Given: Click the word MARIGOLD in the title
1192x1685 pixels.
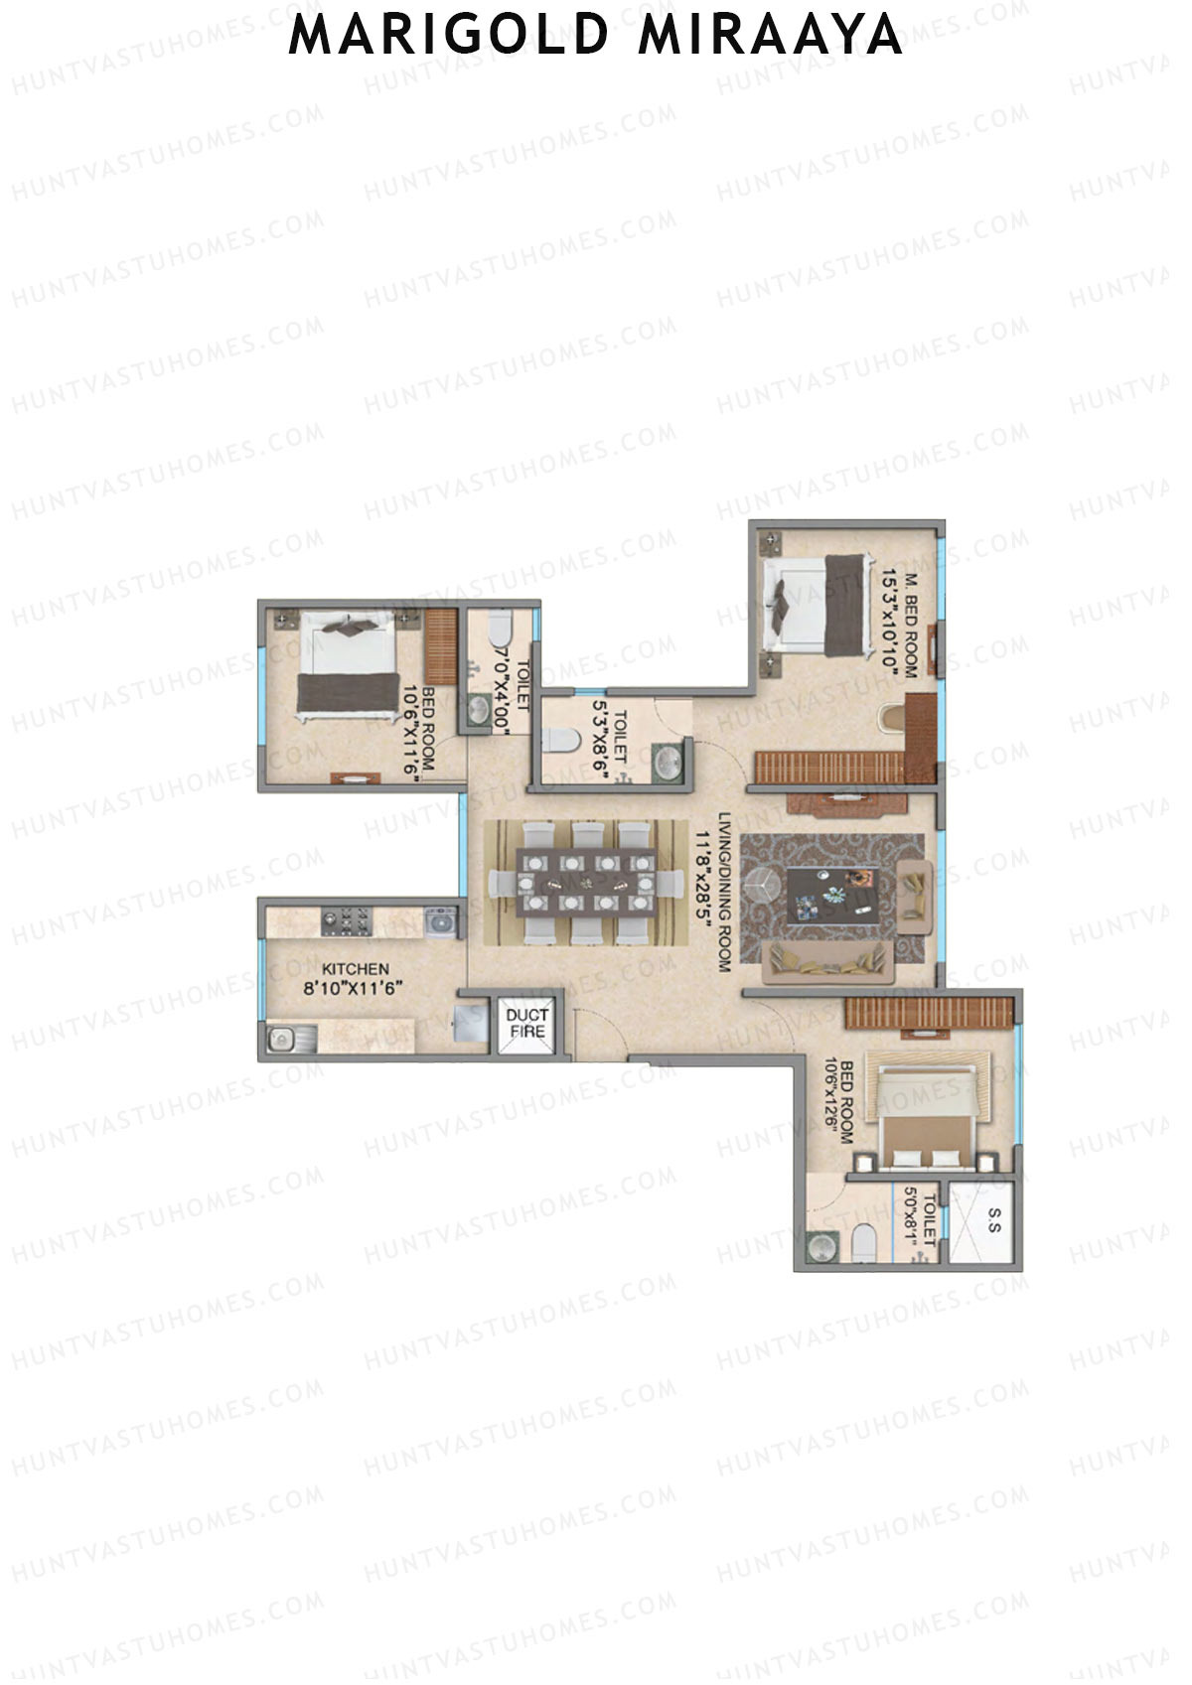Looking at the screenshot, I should [x=448, y=36].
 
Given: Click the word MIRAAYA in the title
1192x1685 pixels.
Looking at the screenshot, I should [x=771, y=36].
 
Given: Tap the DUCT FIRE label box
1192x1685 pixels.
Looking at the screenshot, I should [x=526, y=1024].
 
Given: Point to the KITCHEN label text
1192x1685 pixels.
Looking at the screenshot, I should [x=356, y=968].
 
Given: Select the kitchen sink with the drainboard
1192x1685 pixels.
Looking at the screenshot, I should [x=291, y=1041].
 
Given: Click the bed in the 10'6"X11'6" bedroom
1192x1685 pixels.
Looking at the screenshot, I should [x=347, y=664].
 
